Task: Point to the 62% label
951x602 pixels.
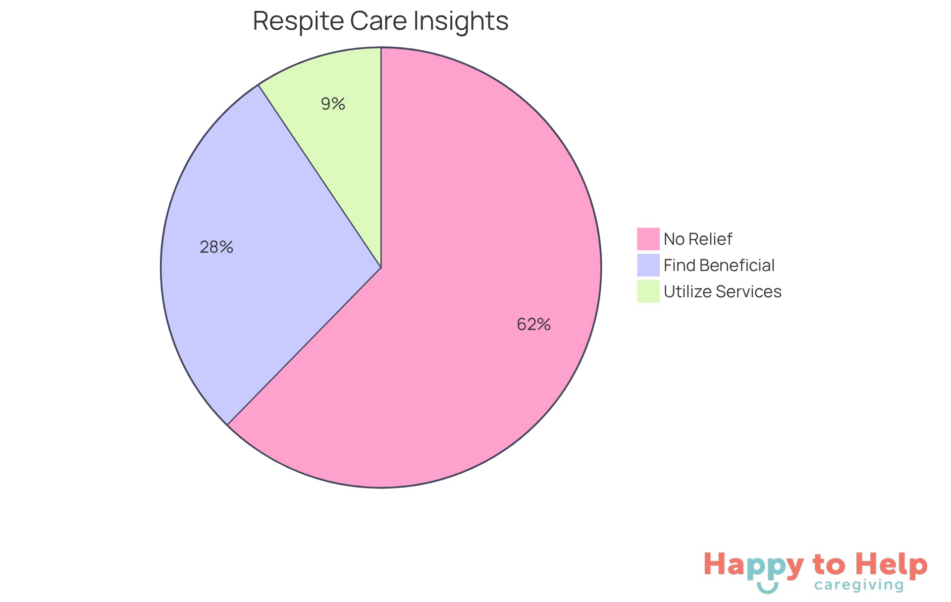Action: [x=533, y=324]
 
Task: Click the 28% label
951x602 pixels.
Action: [x=216, y=247]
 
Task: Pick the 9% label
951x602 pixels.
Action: [x=333, y=104]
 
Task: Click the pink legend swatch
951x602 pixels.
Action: [x=648, y=239]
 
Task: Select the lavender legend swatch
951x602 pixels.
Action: [x=648, y=265]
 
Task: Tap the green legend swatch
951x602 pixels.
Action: [x=648, y=291]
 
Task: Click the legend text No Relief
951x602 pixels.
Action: [x=697, y=239]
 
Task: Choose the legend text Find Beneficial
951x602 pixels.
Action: [x=719, y=265]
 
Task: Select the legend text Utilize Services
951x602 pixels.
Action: [x=722, y=291]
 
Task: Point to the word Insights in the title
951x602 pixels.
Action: [x=461, y=21]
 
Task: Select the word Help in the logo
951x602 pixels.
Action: [x=892, y=565]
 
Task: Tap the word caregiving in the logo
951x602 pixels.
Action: [x=859, y=585]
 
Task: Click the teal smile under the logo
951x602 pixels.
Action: [x=767, y=588]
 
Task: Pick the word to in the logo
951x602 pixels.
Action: [x=829, y=565]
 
